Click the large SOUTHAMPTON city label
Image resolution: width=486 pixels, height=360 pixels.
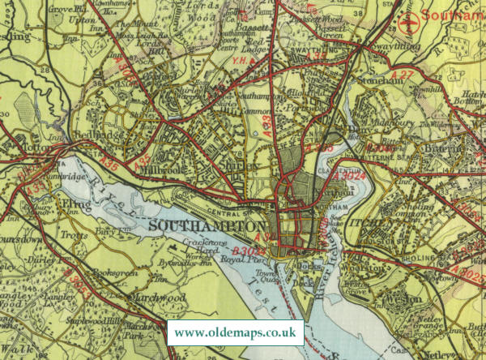(207, 224)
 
